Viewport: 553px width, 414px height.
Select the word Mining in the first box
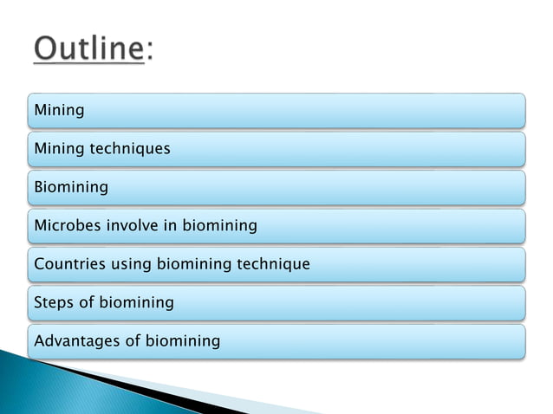(x=59, y=110)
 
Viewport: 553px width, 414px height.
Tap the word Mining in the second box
(x=59, y=148)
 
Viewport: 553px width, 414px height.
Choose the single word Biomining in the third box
(x=71, y=187)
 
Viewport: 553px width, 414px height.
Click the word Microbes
(x=68, y=225)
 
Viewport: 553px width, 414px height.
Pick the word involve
(x=133, y=225)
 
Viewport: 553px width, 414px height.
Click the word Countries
(x=69, y=263)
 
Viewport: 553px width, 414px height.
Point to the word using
(x=131, y=264)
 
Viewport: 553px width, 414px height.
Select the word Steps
(x=54, y=302)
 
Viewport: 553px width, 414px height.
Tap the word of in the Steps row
(x=88, y=302)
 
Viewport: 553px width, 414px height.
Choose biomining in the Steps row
(x=137, y=302)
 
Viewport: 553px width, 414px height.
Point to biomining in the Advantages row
(x=183, y=340)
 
